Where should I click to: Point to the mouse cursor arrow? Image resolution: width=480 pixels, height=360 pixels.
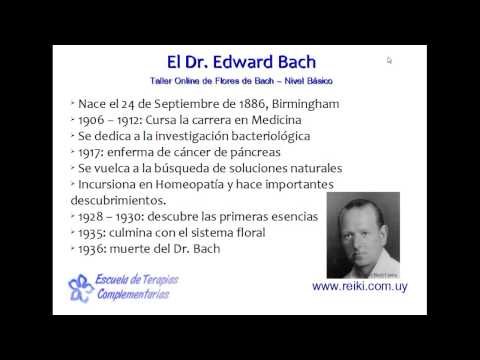click(389, 60)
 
